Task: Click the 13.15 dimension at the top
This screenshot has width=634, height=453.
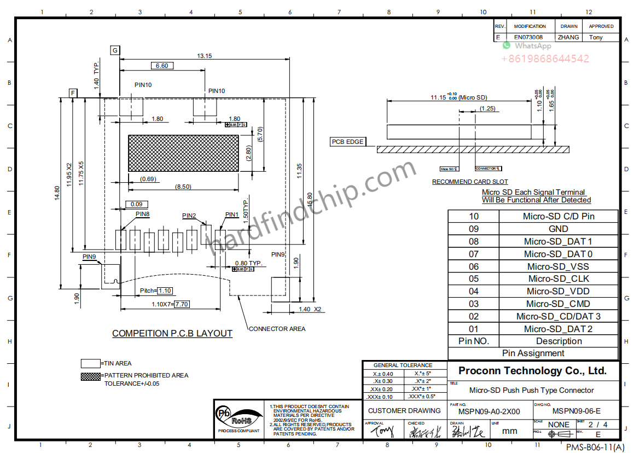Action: [205, 56]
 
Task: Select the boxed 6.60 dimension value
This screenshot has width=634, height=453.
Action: [162, 66]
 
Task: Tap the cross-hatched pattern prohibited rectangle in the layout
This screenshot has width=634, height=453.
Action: [183, 153]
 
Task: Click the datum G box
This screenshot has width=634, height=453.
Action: [115, 50]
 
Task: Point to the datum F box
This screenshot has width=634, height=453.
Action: [73, 93]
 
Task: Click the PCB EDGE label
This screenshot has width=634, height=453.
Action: [347, 142]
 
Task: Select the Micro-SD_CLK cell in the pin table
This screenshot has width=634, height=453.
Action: [558, 278]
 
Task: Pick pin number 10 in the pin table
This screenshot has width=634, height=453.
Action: [473, 216]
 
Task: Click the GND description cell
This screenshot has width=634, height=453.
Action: [558, 229]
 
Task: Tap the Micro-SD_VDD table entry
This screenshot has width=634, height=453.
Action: [558, 291]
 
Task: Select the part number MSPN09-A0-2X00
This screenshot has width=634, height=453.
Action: [489, 411]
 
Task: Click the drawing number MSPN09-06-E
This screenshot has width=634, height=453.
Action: [576, 411]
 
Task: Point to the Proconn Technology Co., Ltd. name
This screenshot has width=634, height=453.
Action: [532, 370]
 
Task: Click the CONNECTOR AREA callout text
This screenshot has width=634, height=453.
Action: [277, 329]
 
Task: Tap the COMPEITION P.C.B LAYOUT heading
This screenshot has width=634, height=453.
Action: [172, 333]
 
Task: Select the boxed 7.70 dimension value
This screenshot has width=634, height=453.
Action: [182, 304]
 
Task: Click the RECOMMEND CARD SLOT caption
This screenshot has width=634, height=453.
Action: [470, 182]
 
